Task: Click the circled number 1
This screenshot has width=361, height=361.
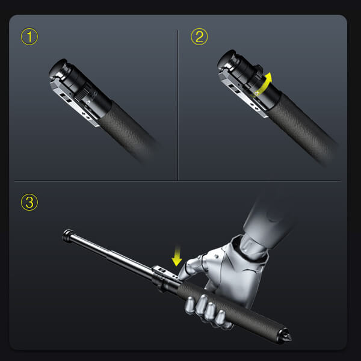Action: [29, 37]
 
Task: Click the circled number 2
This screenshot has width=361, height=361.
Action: [199, 37]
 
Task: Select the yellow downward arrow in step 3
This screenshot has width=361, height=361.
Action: [176, 257]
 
